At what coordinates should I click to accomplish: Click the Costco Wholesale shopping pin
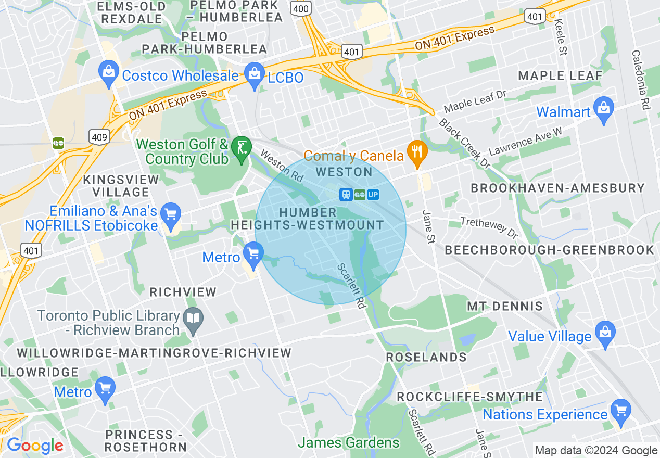pyautogui.click(x=109, y=74)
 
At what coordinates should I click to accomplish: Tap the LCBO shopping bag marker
pyautogui.click(x=255, y=75)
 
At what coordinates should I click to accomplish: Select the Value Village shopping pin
pyautogui.click(x=605, y=334)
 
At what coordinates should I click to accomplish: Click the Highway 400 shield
pyautogui.click(x=302, y=8)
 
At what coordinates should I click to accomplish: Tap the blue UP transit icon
pyautogui.click(x=373, y=195)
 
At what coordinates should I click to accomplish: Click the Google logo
pyautogui.click(x=34, y=446)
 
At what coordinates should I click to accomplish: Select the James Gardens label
pyautogui.click(x=349, y=443)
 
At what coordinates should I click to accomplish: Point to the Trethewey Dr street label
pyautogui.click(x=489, y=227)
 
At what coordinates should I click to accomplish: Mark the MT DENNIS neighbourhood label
pyautogui.click(x=504, y=306)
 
